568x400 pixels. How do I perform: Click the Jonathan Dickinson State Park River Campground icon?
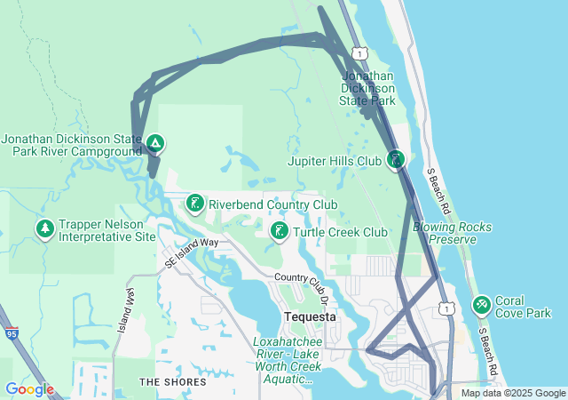pyautogui.click(x=154, y=142)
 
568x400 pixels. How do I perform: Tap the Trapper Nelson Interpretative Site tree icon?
pyautogui.click(x=45, y=230)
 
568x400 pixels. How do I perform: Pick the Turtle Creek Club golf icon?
pyautogui.click(x=279, y=232)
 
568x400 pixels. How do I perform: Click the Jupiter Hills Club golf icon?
pyautogui.click(x=396, y=161)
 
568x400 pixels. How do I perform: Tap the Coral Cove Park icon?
pyautogui.click(x=482, y=305)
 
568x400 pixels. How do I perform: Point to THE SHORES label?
pyautogui.click(x=172, y=382)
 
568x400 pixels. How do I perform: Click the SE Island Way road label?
pyautogui.click(x=192, y=252)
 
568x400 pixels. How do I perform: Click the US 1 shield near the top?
pyautogui.click(x=355, y=55)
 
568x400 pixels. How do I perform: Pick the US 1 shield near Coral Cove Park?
pyautogui.click(x=447, y=308)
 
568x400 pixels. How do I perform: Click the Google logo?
pyautogui.click(x=29, y=389)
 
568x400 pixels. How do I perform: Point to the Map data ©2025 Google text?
pyautogui.click(x=513, y=393)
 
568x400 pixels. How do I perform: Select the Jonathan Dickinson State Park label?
pyautogui.click(x=368, y=89)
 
